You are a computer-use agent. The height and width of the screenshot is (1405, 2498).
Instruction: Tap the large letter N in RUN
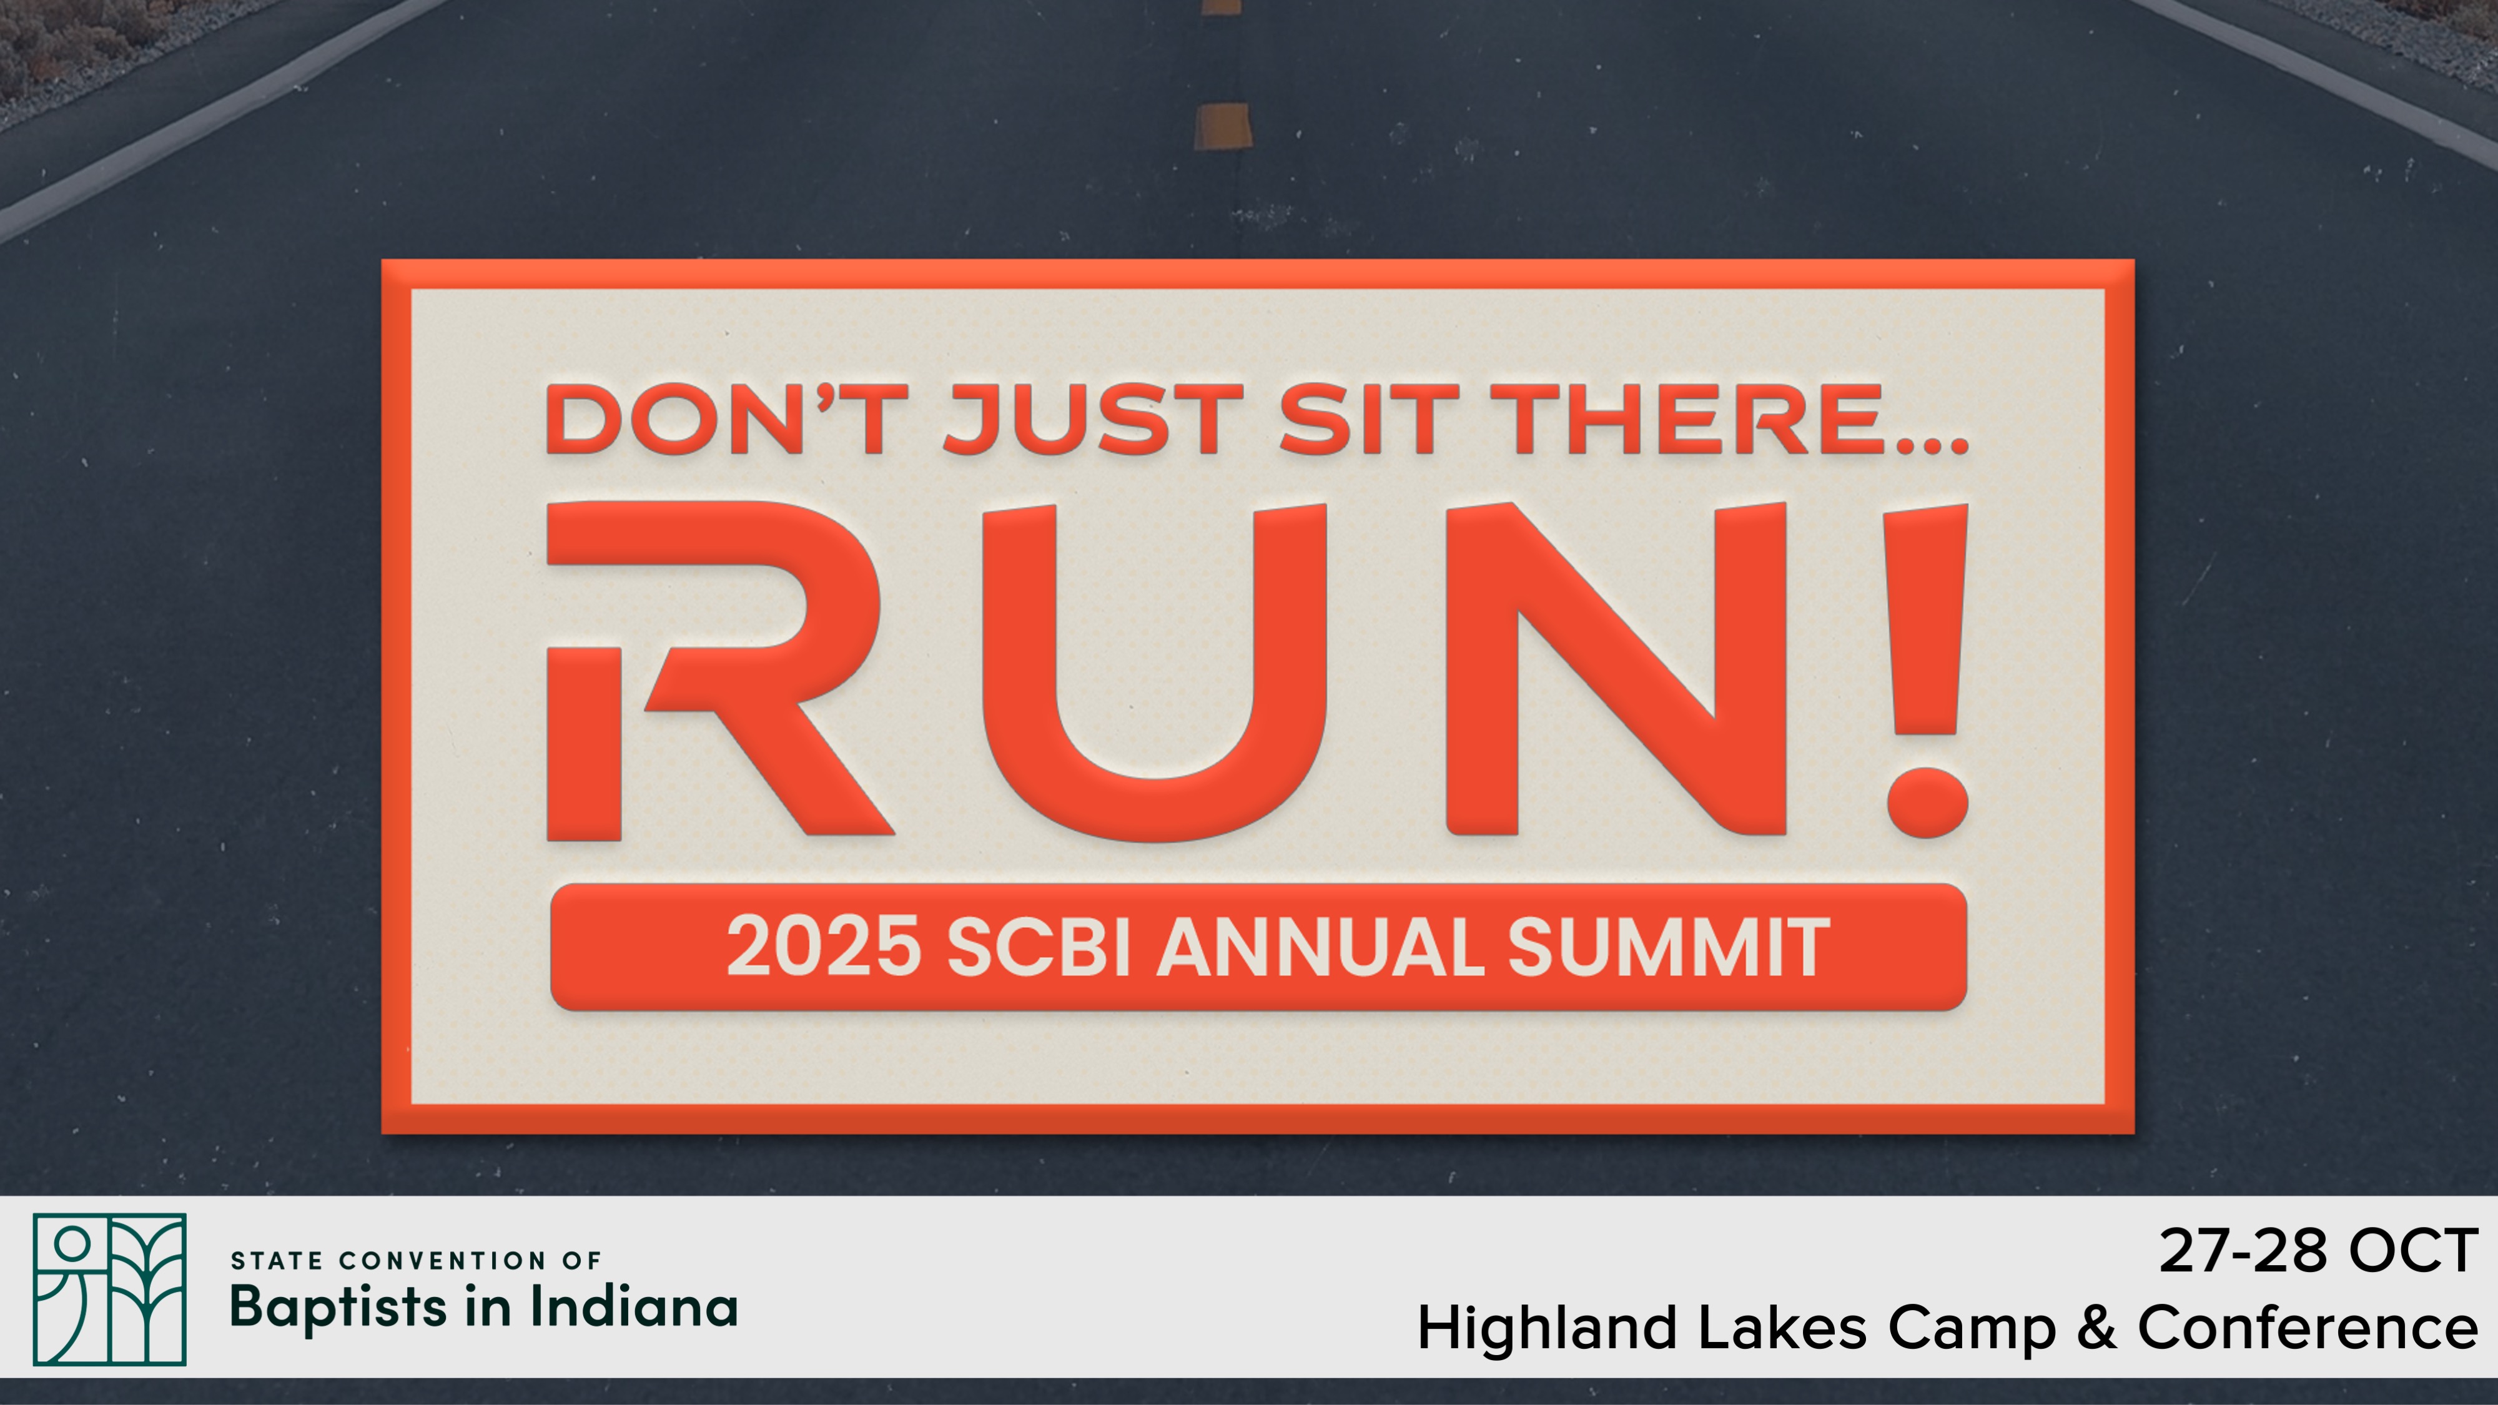coord(1616,669)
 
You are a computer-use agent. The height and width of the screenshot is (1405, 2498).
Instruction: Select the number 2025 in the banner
coord(823,947)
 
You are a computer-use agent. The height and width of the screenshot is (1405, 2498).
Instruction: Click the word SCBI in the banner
coord(1039,947)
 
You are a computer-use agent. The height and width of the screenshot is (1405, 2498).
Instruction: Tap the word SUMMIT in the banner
coord(1668,947)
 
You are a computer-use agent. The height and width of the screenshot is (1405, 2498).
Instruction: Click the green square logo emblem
coord(109,1289)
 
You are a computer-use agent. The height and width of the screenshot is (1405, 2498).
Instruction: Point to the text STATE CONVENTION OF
coord(416,1261)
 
